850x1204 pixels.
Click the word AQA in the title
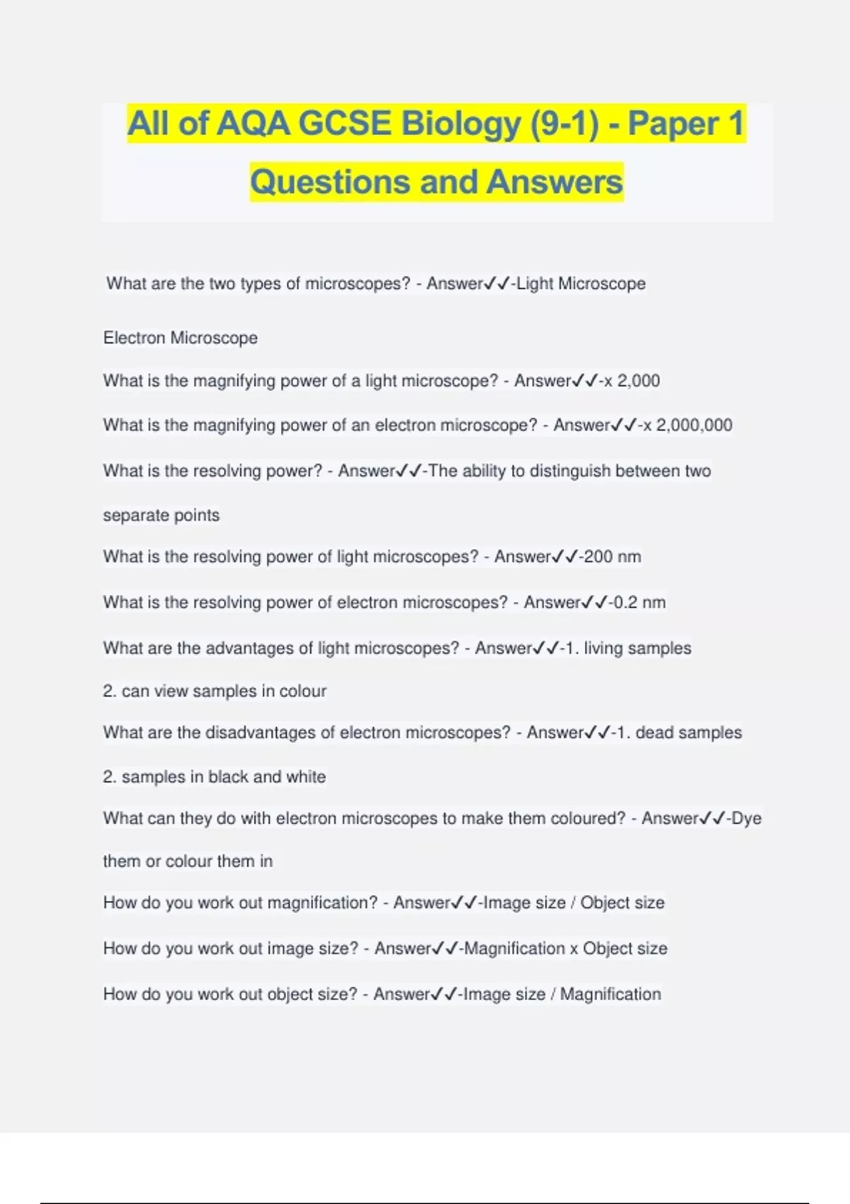coord(253,124)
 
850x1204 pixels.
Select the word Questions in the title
coord(331,182)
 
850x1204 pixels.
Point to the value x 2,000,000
coord(687,425)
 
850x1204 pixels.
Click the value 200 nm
coord(612,557)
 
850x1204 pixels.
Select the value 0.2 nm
coord(639,603)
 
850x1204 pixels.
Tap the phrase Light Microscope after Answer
coord(581,283)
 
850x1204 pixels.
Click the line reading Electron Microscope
coord(180,338)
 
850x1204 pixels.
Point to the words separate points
coord(161,515)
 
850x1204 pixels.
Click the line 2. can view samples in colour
coord(214,691)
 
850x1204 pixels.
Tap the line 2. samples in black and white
coord(214,776)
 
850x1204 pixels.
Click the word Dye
coord(746,818)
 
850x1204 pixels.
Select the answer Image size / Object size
coord(574,902)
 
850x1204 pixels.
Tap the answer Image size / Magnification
coord(562,994)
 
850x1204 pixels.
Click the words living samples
coord(637,648)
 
